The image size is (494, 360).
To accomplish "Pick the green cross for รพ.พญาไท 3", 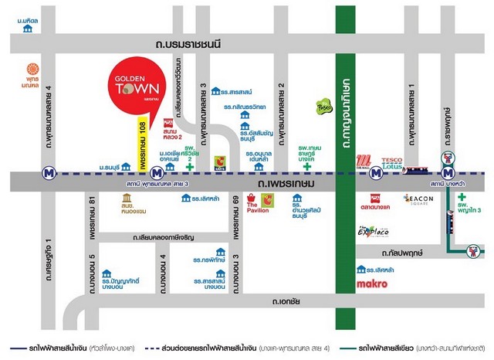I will (x=462, y=198).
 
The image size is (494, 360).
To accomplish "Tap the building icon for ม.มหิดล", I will (x=29, y=29).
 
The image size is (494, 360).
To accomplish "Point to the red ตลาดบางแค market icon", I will (x=375, y=198).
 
